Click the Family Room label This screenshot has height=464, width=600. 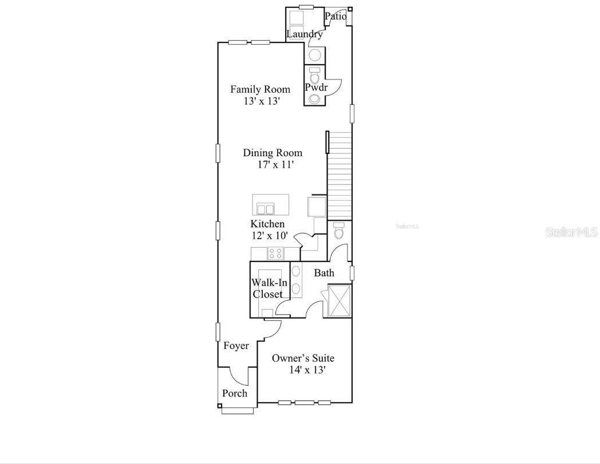260,89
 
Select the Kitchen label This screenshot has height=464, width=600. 267,224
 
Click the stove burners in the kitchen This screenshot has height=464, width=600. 275,253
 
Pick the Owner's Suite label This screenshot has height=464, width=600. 303,358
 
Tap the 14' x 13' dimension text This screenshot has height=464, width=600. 307,370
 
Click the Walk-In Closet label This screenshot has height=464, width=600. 267,288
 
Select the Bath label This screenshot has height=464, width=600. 324,273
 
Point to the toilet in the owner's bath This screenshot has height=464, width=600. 338,232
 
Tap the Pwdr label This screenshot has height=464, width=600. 315,88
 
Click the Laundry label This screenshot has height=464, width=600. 305,34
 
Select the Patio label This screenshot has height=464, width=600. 336,16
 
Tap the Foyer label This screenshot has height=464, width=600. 236,346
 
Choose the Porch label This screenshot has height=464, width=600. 235,393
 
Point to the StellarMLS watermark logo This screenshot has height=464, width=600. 571,232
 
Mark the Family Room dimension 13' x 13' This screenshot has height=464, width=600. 262,101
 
